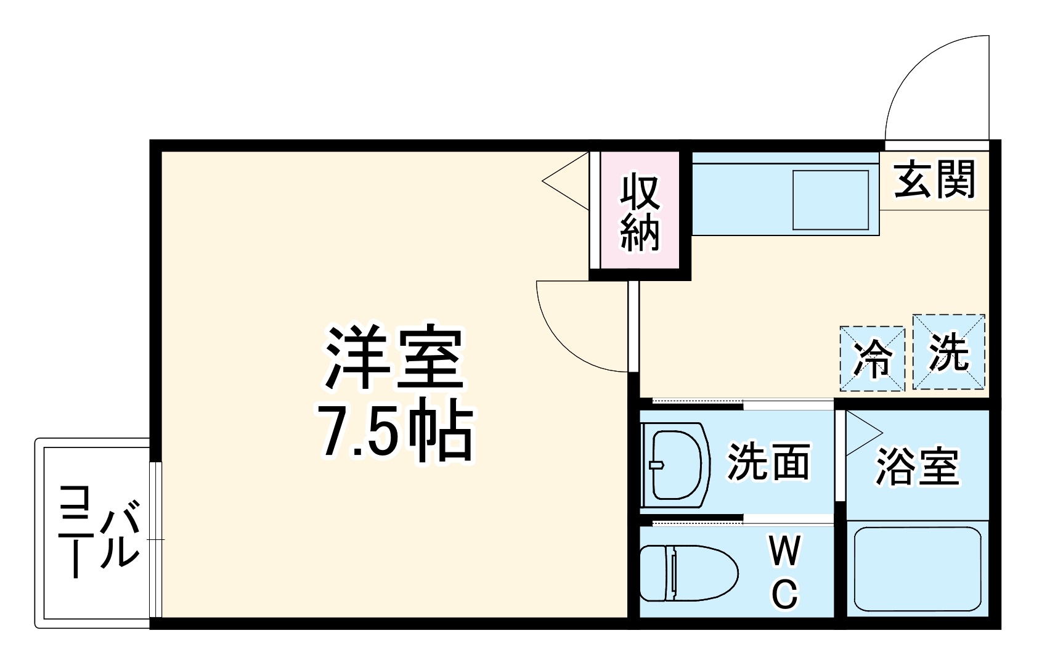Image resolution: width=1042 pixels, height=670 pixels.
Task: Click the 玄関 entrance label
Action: (x=934, y=179)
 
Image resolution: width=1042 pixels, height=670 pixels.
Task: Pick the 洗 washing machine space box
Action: (x=948, y=352)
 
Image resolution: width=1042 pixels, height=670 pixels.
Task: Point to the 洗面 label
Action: (x=768, y=462)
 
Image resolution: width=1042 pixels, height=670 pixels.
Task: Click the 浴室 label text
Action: (x=917, y=467)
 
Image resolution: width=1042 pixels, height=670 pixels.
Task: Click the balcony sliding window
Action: (x=155, y=539)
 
